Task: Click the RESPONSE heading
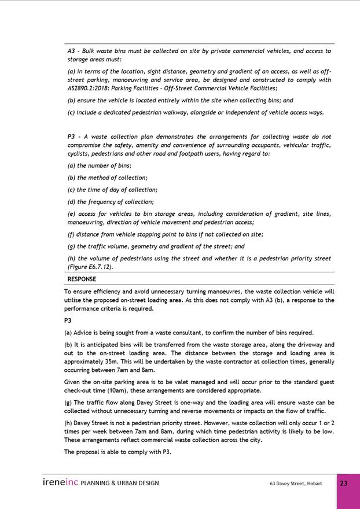(x=82, y=279)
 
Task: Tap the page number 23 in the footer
(x=344, y=484)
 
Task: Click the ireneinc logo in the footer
(x=60, y=482)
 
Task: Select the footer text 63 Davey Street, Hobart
(x=296, y=484)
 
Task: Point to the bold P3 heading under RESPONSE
(x=69, y=320)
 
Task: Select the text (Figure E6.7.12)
(x=90, y=267)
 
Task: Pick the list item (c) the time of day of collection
(x=112, y=190)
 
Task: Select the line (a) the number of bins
(x=100, y=165)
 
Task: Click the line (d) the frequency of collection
(x=111, y=202)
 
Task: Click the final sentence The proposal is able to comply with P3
(x=117, y=452)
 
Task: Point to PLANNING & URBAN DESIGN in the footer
(x=120, y=484)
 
